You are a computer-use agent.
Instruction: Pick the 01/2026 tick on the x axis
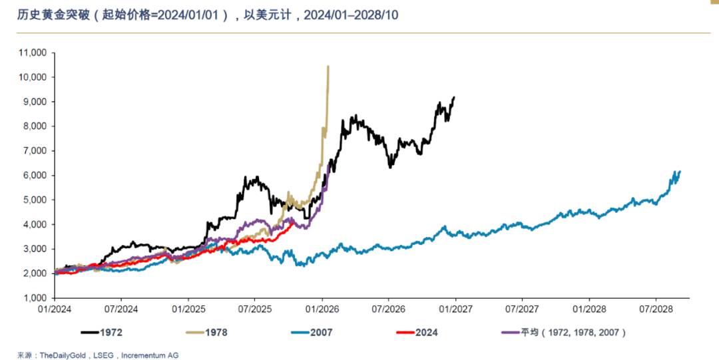tap(322, 309)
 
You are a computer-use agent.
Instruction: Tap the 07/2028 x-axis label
tap(656, 309)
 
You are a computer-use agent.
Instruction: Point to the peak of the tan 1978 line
tap(328, 67)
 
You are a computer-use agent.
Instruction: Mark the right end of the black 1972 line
tap(454, 97)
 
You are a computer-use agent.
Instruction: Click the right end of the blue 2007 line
tap(680, 172)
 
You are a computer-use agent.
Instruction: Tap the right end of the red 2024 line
tap(294, 222)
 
